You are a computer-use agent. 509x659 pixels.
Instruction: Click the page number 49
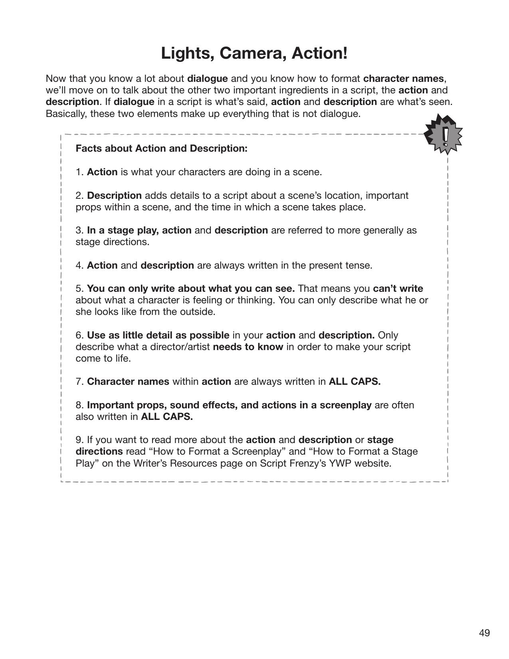click(484, 633)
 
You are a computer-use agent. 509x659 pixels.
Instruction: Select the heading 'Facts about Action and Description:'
click(162, 148)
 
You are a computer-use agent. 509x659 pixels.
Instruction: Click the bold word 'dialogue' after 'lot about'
click(207, 78)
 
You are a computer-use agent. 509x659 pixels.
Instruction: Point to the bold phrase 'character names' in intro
click(403, 78)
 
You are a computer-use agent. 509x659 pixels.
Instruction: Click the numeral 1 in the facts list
click(79, 172)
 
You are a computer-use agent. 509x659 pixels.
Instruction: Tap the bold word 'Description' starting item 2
click(114, 196)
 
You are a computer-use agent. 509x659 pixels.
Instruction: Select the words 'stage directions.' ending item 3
click(113, 242)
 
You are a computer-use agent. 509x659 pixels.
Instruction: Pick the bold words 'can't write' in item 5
click(398, 289)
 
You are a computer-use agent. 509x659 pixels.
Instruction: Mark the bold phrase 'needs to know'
click(248, 347)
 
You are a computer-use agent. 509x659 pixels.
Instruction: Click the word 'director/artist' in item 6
click(180, 347)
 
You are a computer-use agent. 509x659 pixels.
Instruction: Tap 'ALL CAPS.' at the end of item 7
click(355, 382)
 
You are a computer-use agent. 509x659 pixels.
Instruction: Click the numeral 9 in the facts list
click(79, 440)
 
